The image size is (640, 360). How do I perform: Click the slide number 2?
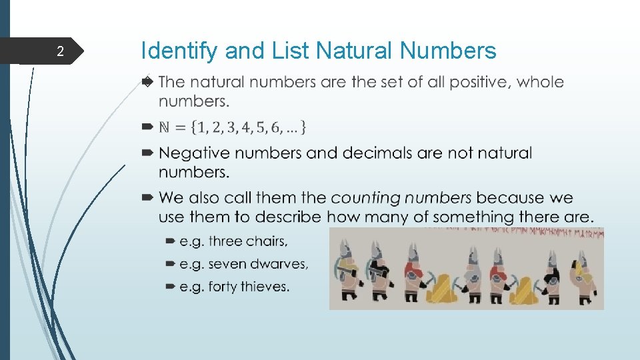click(60, 51)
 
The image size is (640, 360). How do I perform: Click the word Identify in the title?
click(180, 51)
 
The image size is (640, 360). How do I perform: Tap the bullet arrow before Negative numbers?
click(148, 153)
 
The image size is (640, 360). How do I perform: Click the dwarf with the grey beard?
click(473, 273)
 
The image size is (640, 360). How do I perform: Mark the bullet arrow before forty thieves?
click(169, 287)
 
